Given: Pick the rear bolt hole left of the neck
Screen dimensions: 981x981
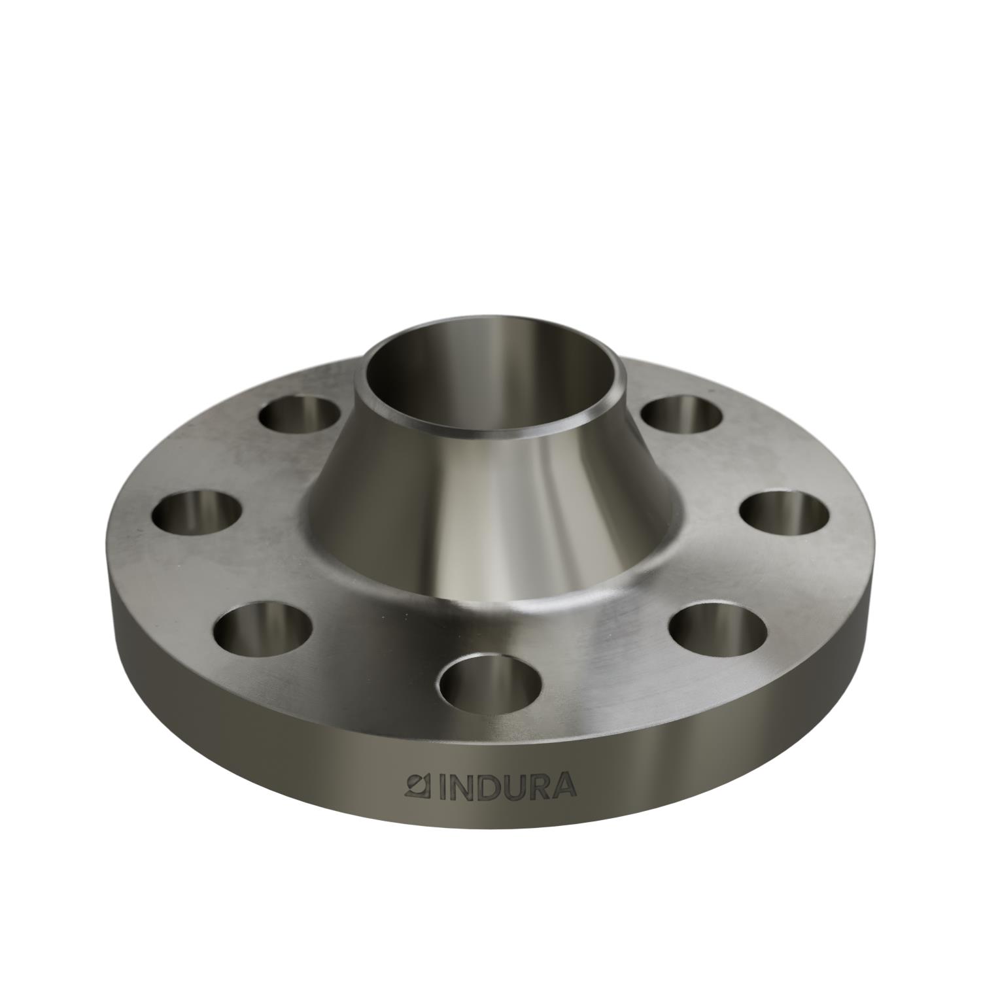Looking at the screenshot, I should click(300, 415).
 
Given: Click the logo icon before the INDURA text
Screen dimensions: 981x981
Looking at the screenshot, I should click(416, 785).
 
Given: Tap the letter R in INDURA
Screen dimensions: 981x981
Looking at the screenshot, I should click(540, 786).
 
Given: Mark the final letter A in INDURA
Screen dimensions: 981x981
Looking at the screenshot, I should click(565, 786).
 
